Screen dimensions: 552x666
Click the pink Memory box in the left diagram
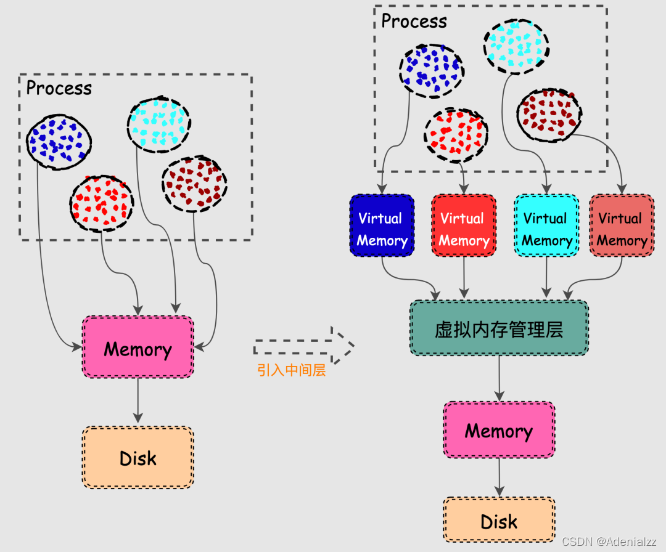point(138,347)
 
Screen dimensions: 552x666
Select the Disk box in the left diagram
point(138,458)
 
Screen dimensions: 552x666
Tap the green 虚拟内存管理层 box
point(499,328)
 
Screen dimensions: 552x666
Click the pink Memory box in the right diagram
point(499,430)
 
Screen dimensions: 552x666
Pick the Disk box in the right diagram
point(499,521)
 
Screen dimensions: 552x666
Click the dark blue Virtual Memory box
point(382,225)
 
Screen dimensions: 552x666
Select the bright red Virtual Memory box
point(464,225)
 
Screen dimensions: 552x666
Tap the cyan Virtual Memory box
point(546,225)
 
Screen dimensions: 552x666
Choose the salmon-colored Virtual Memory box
point(622,225)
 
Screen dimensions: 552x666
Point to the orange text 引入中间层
point(291,371)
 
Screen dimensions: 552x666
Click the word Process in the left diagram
point(59,89)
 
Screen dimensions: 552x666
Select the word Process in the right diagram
point(414,21)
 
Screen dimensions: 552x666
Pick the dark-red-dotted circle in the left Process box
point(194,184)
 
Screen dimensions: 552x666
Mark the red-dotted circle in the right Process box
point(456,136)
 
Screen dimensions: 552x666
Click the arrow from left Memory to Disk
point(138,400)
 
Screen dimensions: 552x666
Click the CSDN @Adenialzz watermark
point(609,541)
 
